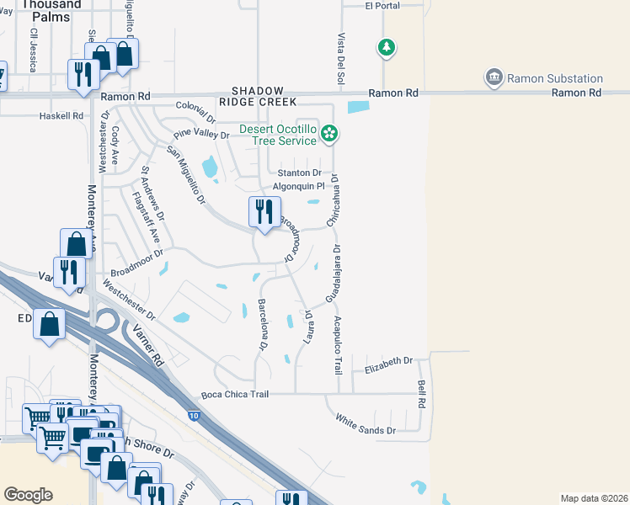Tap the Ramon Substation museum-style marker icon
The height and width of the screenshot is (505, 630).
[x=494, y=79]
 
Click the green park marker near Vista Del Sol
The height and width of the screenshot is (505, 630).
[x=387, y=48]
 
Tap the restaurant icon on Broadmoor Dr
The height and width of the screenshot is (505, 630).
[x=264, y=212]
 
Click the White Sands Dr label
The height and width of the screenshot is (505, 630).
[x=366, y=424]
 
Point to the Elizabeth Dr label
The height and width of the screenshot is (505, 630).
[x=388, y=361]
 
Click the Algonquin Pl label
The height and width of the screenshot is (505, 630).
[x=298, y=187]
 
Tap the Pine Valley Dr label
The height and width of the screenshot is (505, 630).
[x=201, y=134]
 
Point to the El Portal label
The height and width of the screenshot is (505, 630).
[x=382, y=6]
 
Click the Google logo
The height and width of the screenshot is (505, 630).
[x=28, y=495]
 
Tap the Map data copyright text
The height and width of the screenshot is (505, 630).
[x=593, y=498]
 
